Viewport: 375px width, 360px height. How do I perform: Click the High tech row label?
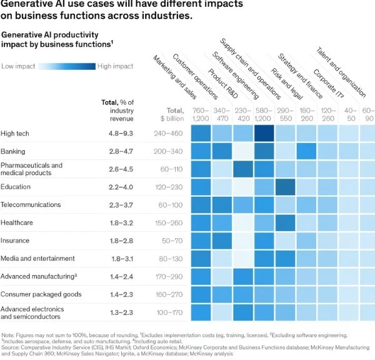pos(15,134)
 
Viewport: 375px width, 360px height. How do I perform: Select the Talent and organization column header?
pos(341,72)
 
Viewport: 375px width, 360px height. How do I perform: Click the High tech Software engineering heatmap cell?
pos(265,134)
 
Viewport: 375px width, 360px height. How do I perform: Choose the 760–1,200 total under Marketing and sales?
pos(201,114)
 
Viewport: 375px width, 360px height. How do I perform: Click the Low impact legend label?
pos(18,66)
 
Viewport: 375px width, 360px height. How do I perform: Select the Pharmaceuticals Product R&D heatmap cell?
pos(244,169)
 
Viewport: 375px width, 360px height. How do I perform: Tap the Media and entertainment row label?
pos(38,258)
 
